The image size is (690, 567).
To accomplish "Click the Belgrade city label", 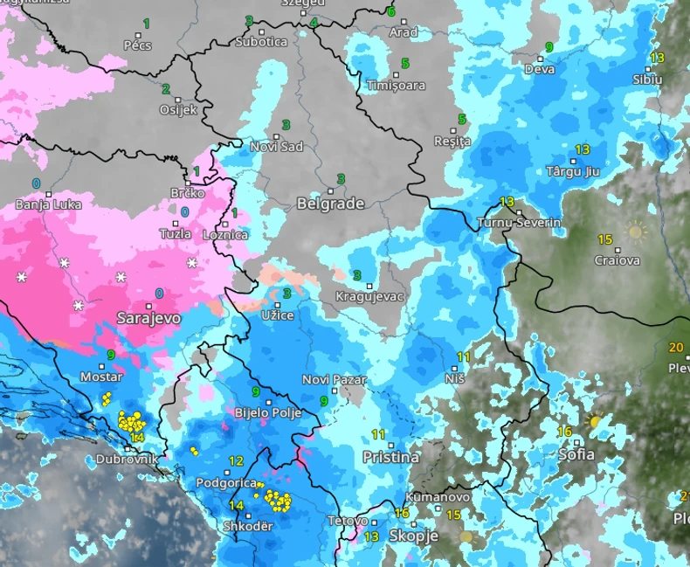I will click(330, 204).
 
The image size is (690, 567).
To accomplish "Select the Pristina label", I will click(390, 457).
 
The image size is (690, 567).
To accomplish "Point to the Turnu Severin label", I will click(519, 223).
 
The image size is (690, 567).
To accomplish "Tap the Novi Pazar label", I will click(334, 380).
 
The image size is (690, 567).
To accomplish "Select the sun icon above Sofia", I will click(596, 420).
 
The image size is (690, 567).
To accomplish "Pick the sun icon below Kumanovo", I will click(466, 536).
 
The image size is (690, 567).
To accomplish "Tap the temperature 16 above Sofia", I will click(564, 432).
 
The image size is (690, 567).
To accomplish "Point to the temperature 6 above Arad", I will click(390, 12).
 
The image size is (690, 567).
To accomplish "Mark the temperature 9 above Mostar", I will click(111, 355).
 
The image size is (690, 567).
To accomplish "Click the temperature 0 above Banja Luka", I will click(36, 183).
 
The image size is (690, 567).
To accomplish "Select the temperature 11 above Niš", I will click(463, 356).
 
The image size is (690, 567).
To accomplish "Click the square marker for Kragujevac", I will click(369, 286).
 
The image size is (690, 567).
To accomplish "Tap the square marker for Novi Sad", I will click(276, 136).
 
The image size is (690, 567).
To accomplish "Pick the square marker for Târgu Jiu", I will click(574, 161).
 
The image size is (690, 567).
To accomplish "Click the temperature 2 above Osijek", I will click(165, 89).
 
